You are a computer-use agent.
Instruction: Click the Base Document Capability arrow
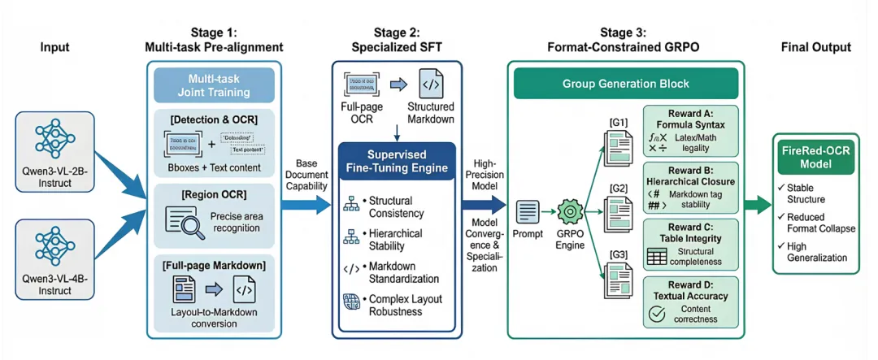click(x=304, y=204)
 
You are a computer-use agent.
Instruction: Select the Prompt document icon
click(x=527, y=213)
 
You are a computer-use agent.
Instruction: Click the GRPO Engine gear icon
click(x=569, y=215)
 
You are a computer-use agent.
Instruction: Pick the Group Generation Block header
click(x=625, y=84)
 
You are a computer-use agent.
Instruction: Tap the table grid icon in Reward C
click(x=656, y=256)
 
